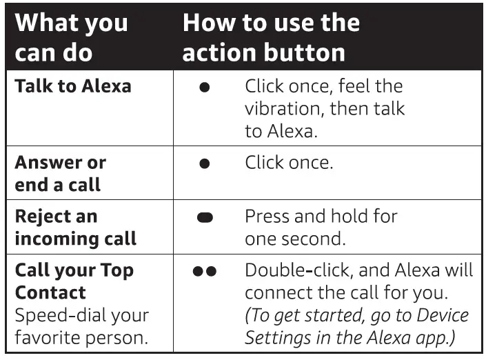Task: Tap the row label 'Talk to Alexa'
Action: pyautogui.click(x=73, y=86)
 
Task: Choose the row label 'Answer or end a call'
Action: pyautogui.click(x=60, y=173)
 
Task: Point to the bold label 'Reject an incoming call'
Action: pyautogui.click(x=75, y=227)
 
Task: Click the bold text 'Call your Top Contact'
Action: pyautogui.click(x=74, y=281)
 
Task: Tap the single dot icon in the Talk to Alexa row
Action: pyautogui.click(x=204, y=89)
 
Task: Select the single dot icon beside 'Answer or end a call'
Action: pyautogui.click(x=204, y=165)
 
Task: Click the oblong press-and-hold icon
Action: pyautogui.click(x=205, y=218)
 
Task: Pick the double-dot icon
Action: pyautogui.click(x=205, y=272)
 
